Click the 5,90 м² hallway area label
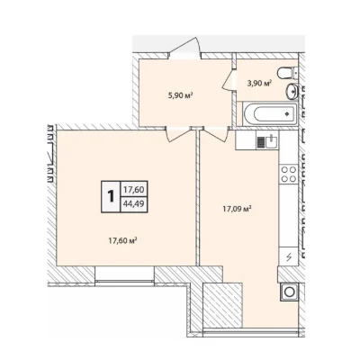point(180,96)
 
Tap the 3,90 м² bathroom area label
point(259,83)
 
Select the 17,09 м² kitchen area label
point(237,209)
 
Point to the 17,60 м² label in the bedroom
point(122,240)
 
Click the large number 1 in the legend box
point(111,196)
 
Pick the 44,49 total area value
point(134,204)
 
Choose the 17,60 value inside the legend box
point(134,190)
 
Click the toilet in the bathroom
point(287,73)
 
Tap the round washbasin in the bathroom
point(292,91)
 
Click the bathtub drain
point(287,113)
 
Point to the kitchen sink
point(271,141)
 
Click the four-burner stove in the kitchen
point(289,174)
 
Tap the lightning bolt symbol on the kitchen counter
point(289,256)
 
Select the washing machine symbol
point(290,292)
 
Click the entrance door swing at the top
point(184,47)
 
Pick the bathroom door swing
point(229,80)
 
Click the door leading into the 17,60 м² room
point(179,134)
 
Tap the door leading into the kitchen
point(215,134)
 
